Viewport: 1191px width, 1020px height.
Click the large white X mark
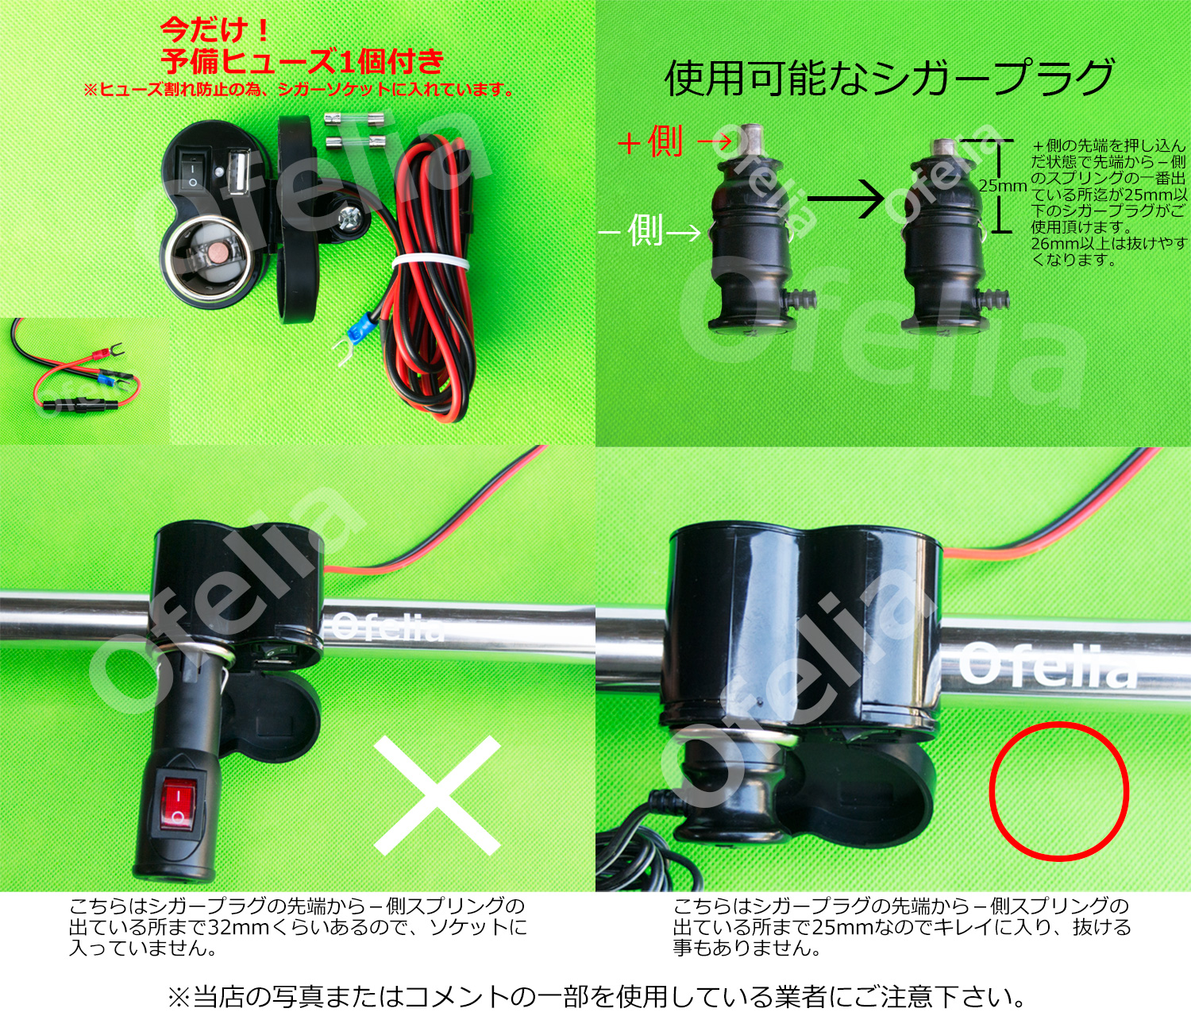(436, 795)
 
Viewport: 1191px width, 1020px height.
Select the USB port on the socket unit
(237, 172)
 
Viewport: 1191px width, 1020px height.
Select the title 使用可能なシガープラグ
(889, 79)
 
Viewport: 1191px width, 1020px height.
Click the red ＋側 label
(650, 143)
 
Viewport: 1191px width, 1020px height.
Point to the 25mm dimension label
(1002, 186)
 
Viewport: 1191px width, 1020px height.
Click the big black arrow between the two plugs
(846, 199)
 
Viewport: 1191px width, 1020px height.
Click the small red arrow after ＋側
(715, 141)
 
